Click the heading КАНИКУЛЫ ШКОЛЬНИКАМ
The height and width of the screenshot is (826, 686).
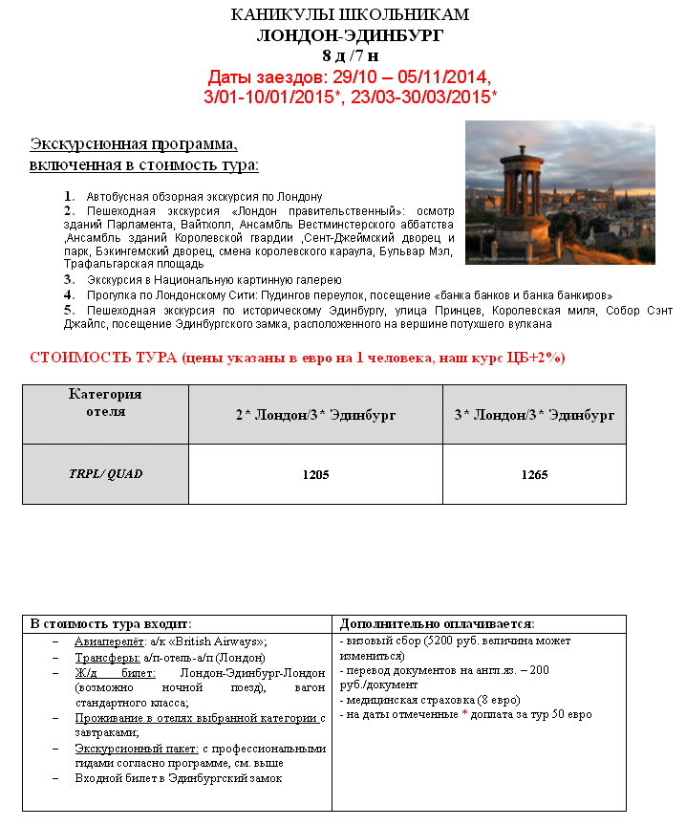[350, 16]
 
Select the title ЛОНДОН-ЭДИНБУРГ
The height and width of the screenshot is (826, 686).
[350, 36]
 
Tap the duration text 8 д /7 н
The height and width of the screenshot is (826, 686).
[350, 55]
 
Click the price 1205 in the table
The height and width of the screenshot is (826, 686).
[315, 474]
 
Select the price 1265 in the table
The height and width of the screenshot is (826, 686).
[534, 474]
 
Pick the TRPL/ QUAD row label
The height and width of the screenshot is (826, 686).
[105, 473]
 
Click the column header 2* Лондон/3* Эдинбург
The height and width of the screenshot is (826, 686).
[315, 415]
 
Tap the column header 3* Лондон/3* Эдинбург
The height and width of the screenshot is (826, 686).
[534, 415]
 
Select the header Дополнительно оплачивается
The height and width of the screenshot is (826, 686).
[437, 623]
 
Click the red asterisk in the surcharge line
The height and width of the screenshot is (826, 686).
[464, 714]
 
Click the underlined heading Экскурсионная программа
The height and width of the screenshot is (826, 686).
[134, 144]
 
